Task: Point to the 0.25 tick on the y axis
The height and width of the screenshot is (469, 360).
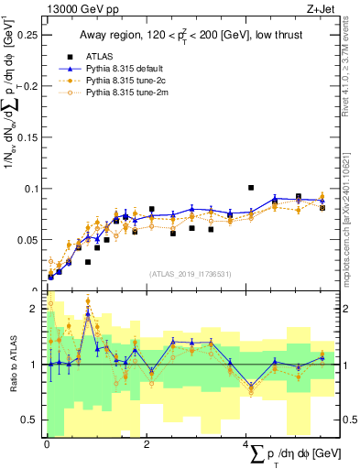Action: (29, 35)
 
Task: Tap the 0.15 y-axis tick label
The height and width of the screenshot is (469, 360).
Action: (29, 137)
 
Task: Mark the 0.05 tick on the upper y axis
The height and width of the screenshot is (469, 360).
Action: (29, 240)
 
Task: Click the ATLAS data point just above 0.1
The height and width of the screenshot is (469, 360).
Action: (251, 188)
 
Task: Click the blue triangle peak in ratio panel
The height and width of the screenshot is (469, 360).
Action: (88, 313)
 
